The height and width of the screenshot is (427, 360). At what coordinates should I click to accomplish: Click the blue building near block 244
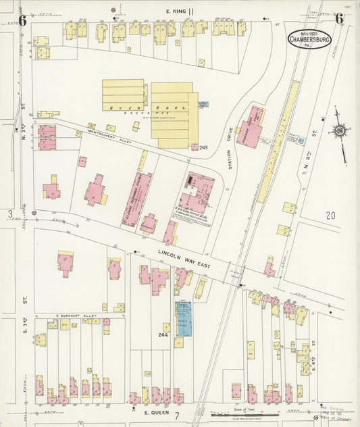coord(183,319)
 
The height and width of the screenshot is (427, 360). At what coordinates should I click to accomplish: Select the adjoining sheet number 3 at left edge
coord(9,214)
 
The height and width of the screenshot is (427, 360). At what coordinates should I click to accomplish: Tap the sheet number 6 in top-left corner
coord(22,20)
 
